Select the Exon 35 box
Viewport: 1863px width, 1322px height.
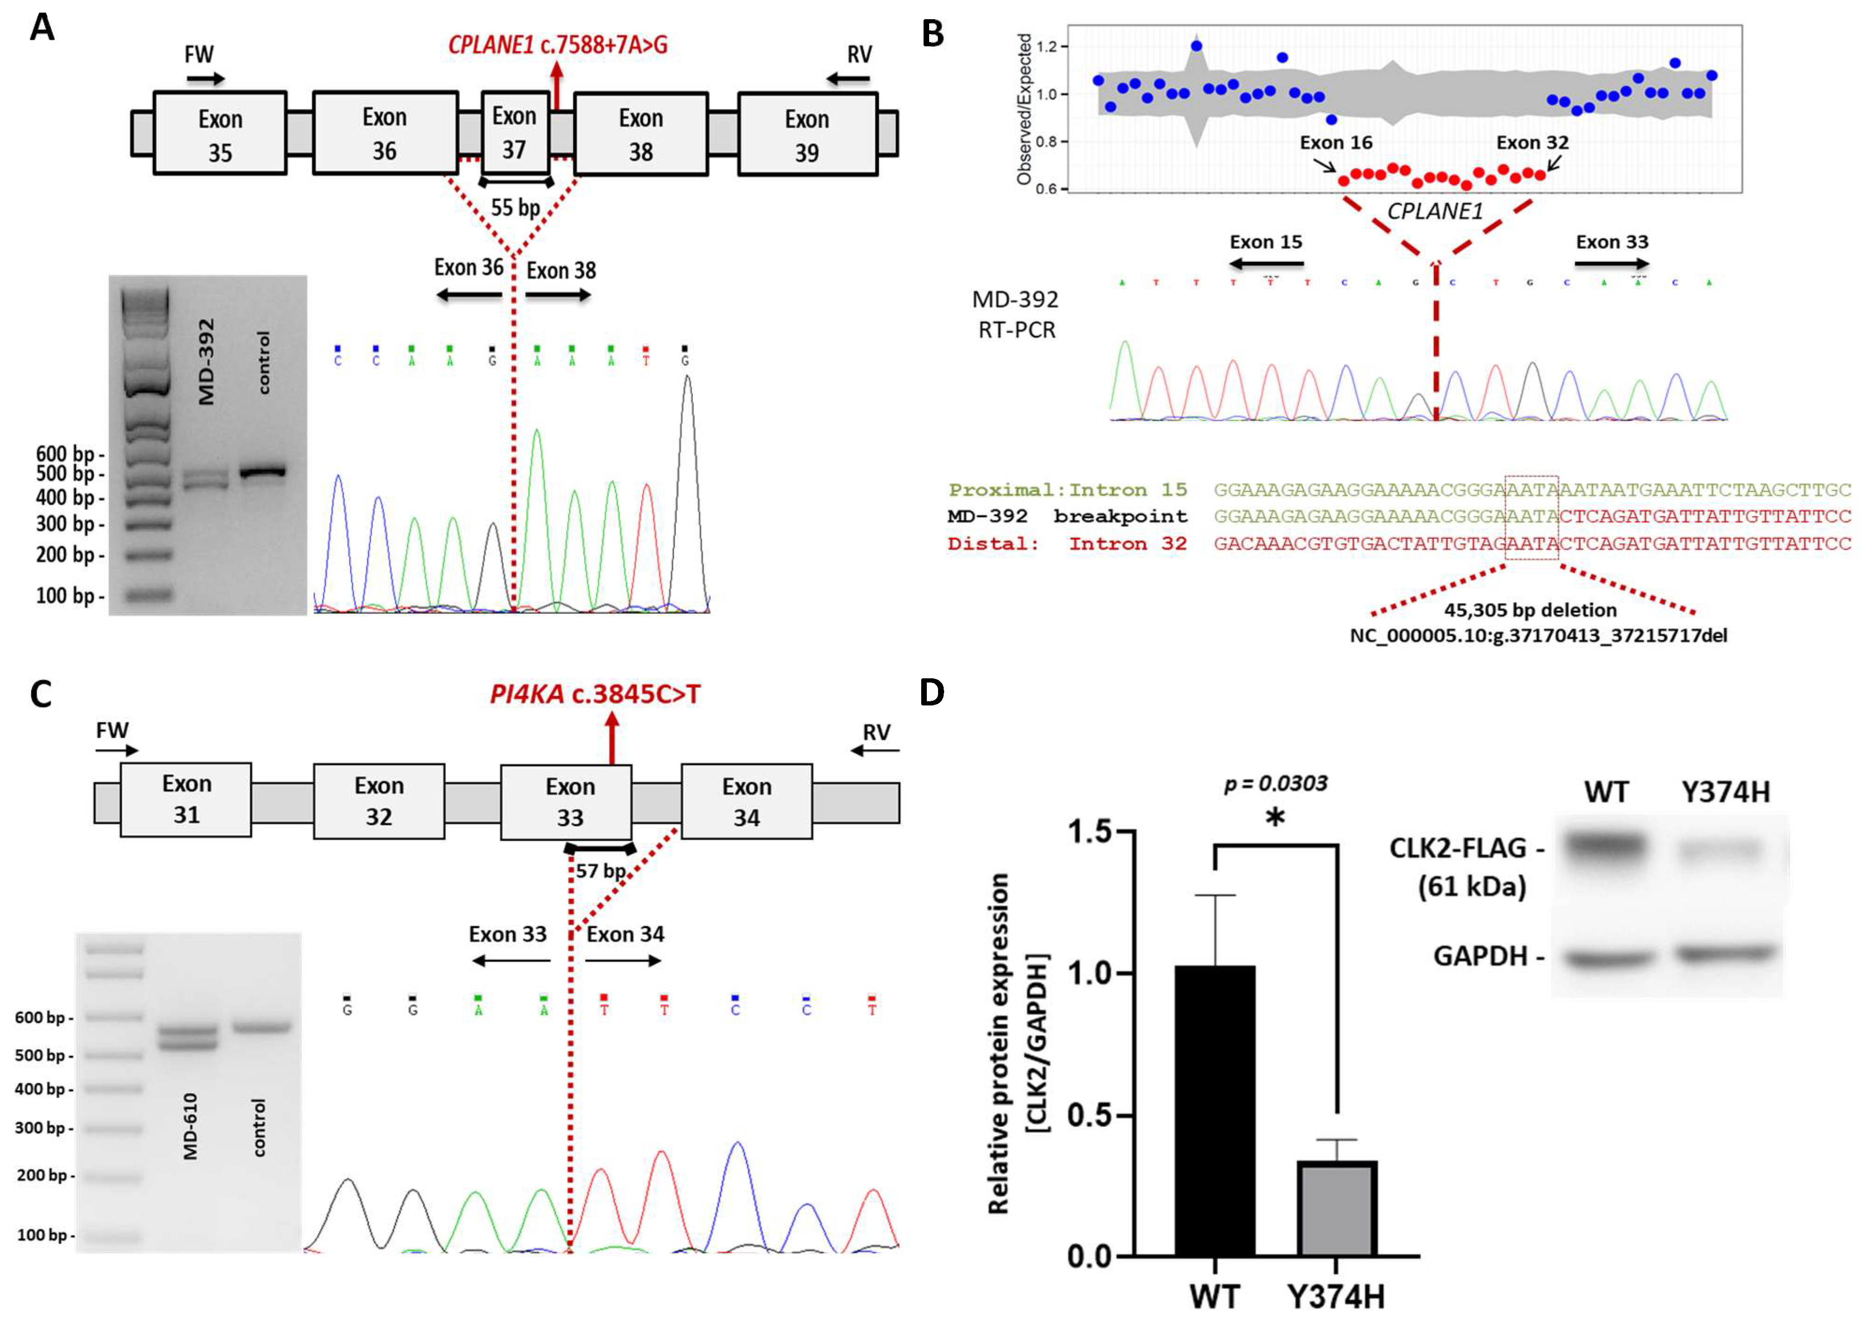(220, 133)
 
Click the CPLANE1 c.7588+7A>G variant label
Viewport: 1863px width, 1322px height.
(558, 45)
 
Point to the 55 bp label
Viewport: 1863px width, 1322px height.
(515, 208)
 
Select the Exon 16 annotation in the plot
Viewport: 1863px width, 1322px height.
(1336, 143)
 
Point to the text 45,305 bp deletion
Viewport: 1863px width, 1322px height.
(1530, 610)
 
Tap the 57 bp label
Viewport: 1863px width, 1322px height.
(601, 871)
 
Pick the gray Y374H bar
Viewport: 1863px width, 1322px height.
(1336, 1207)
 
